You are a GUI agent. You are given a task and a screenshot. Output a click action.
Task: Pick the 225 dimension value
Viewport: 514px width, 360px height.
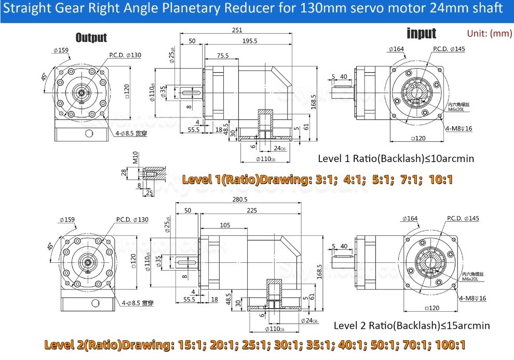tap(252, 210)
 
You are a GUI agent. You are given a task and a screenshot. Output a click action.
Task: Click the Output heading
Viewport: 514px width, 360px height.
tap(91, 37)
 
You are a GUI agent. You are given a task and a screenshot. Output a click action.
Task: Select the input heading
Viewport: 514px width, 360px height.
tap(421, 34)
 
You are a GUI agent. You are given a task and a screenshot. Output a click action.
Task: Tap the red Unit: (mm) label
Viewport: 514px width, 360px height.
tap(489, 33)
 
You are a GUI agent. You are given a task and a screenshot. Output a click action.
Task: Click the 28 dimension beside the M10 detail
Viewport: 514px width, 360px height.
tap(124, 172)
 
